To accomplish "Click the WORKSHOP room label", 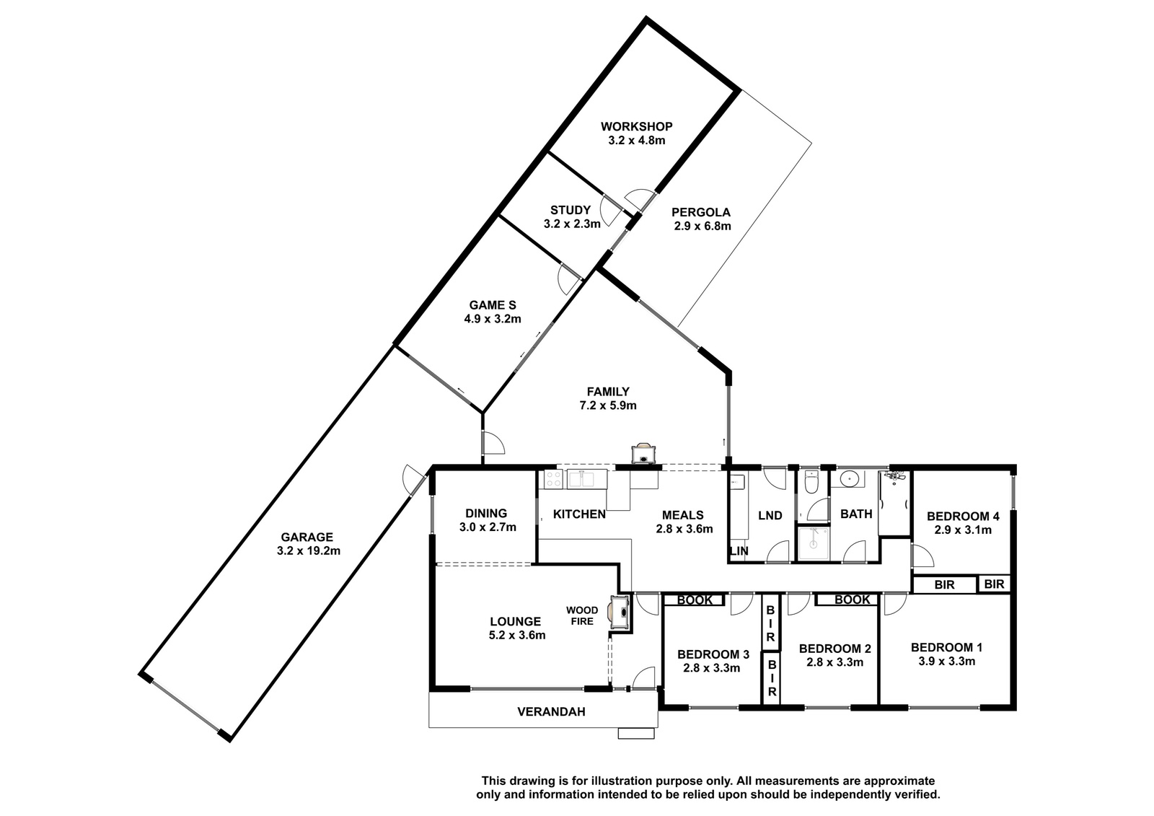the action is [636, 126].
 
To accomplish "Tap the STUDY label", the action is [571, 211].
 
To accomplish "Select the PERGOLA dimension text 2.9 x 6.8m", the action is [702, 226].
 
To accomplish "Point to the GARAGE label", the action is [307, 537].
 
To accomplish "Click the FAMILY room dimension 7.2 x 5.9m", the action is [608, 405].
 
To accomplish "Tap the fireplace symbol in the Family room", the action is [644, 454].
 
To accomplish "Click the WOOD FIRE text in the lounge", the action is [582, 615].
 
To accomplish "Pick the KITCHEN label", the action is [580, 514].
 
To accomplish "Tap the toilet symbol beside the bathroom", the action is [811, 481].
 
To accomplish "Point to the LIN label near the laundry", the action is [739, 551].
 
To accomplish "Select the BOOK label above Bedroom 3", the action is [695, 600].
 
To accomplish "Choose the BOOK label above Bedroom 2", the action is [852, 600].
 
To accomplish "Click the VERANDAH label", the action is [551, 712].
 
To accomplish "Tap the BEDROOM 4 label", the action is [963, 516].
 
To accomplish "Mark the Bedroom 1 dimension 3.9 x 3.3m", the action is [946, 662].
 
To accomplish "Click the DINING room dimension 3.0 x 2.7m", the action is [488, 527].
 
